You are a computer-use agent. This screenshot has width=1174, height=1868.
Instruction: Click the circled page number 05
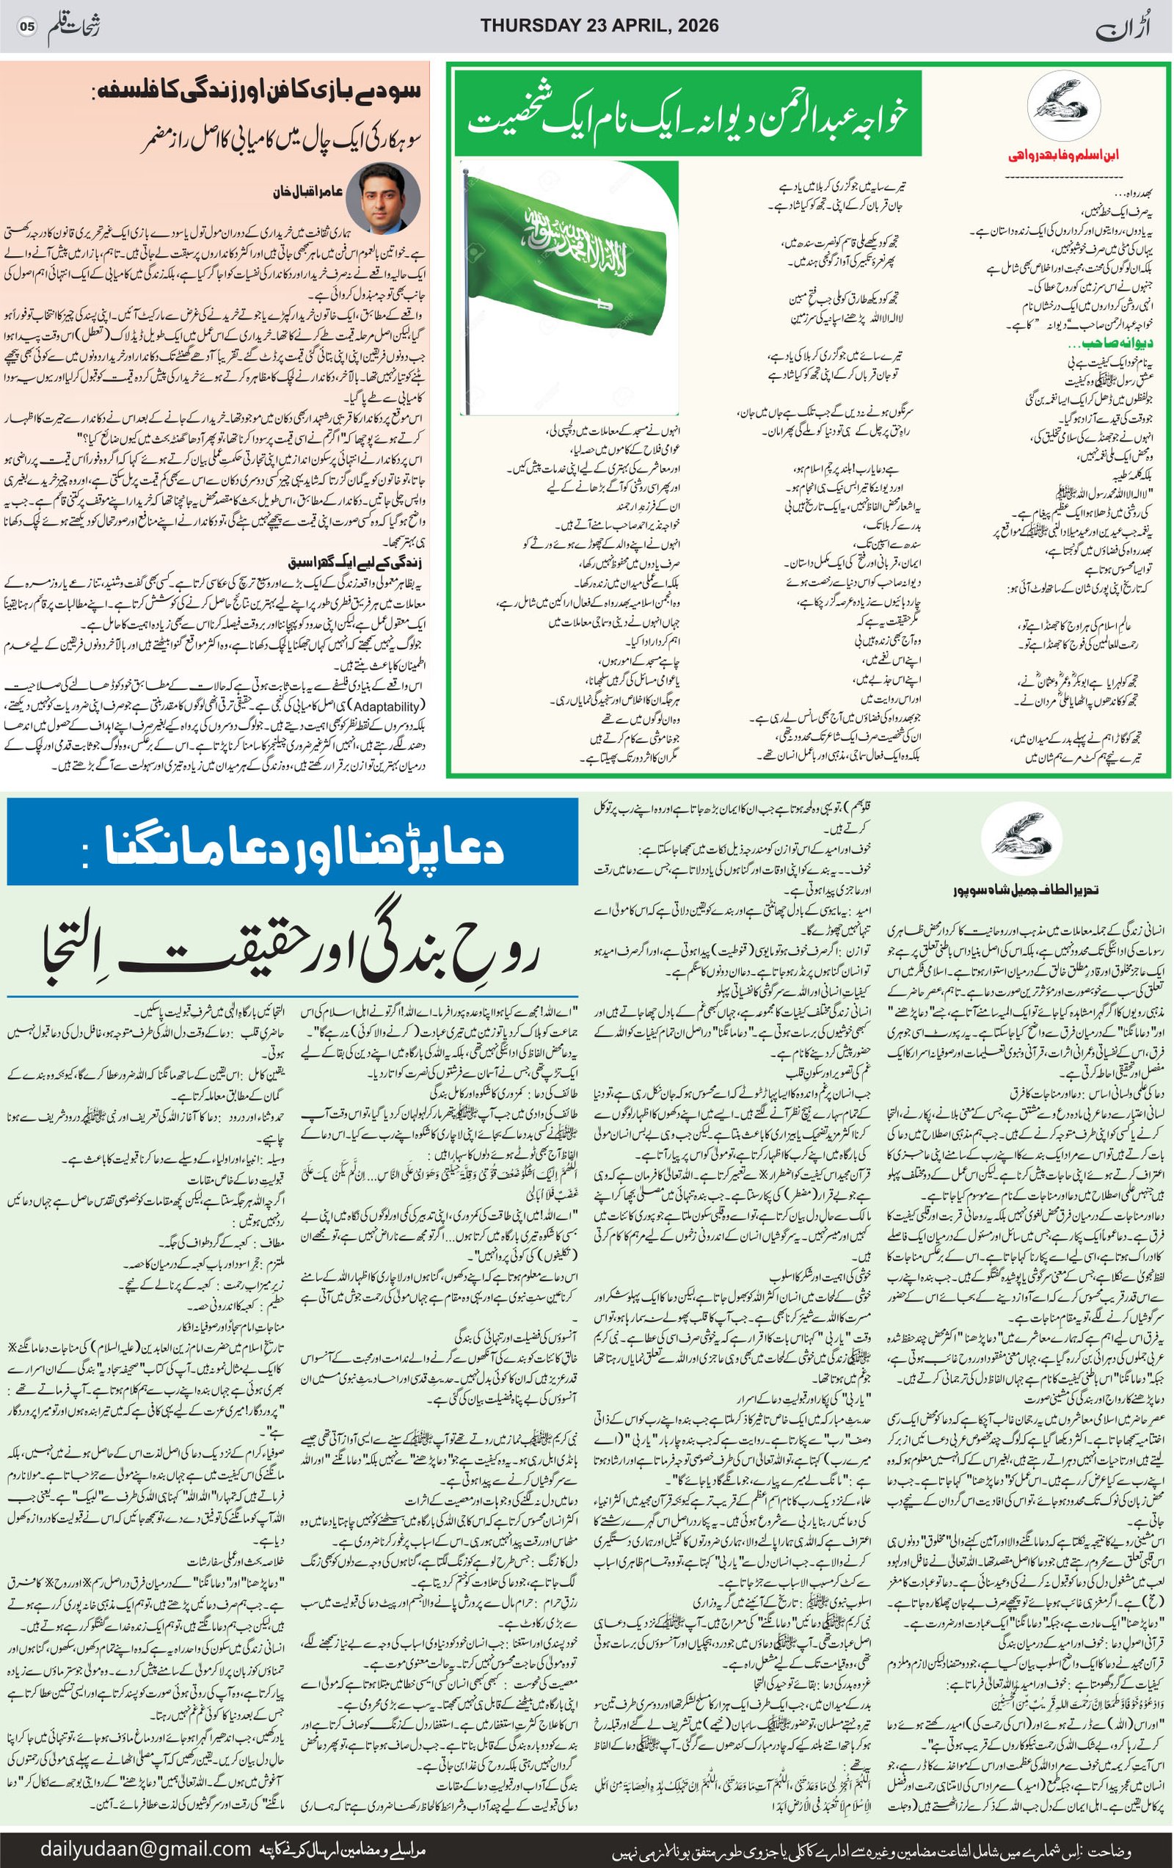pos(27,26)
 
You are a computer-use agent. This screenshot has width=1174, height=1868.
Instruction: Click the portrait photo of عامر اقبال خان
pos(390,198)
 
